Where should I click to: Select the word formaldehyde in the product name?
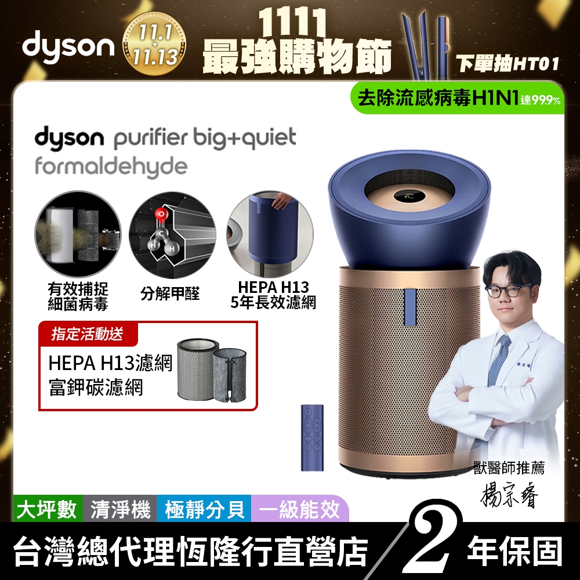(111, 166)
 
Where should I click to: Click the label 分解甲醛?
(170, 295)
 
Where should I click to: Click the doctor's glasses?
(508, 289)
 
